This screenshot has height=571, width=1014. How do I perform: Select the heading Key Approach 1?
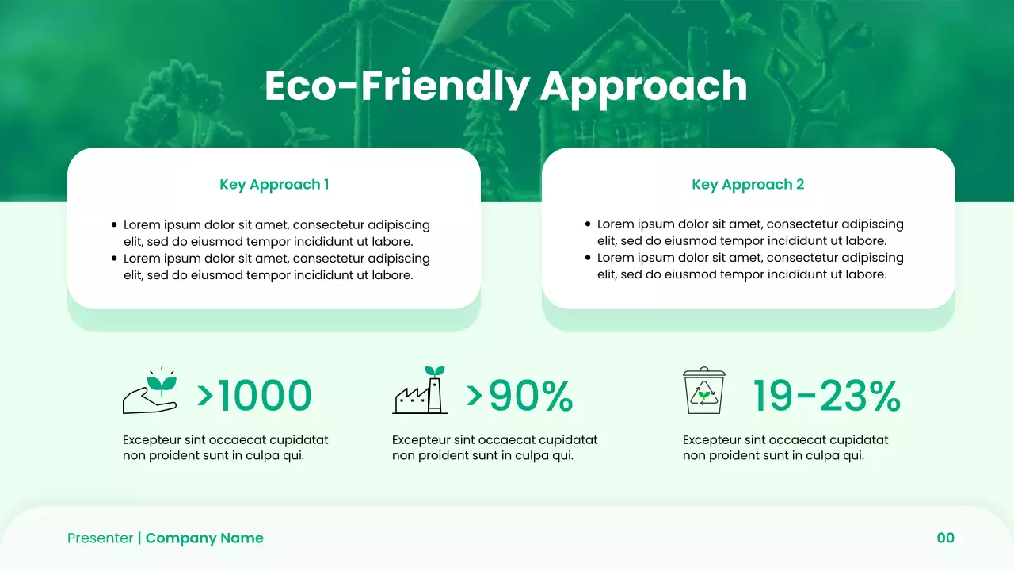point(274,185)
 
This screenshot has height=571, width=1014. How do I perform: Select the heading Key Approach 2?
point(748,185)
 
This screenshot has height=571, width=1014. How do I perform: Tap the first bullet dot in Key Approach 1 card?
point(115,225)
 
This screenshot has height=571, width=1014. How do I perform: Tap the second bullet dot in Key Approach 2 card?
point(588,258)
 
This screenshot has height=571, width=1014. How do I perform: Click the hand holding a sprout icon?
point(150,392)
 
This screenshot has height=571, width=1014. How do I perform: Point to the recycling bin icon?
point(704,390)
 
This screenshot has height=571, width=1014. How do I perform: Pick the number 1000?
point(265,396)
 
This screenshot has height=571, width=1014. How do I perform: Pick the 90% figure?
point(530,396)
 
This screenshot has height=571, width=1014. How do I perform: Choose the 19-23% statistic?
point(825,396)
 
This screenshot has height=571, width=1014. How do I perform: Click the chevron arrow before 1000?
point(205,394)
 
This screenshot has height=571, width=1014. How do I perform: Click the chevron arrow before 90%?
point(475,394)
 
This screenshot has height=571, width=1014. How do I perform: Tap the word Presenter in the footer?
point(101,538)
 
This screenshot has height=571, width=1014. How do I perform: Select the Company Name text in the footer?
point(204,538)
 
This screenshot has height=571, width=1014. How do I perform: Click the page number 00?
point(946,538)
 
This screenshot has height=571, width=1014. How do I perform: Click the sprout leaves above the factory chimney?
point(434,370)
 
